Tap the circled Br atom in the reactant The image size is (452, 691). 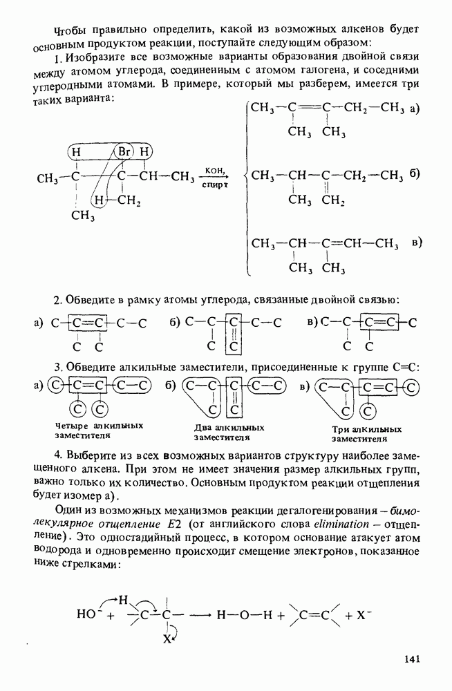pos(124,151)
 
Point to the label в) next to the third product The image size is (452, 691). pos(416,243)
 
